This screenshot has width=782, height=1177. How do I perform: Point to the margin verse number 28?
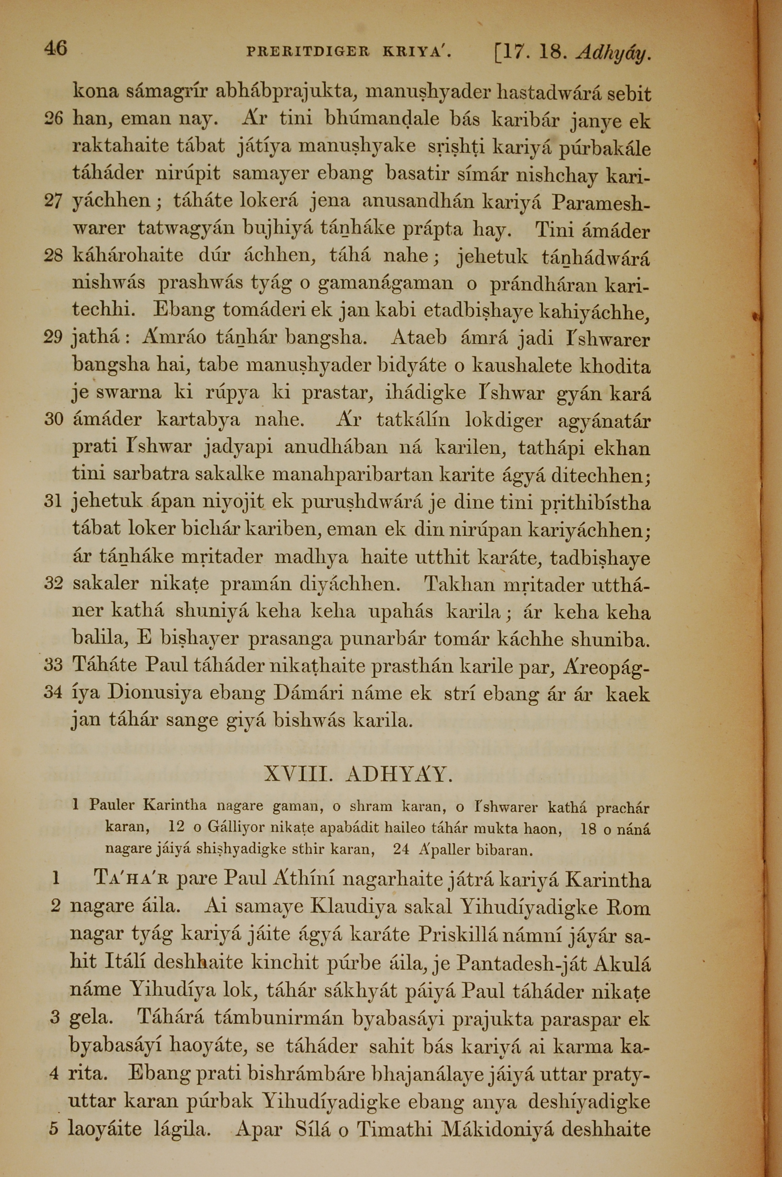[53, 256]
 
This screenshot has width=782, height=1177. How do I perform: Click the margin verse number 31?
[53, 501]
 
